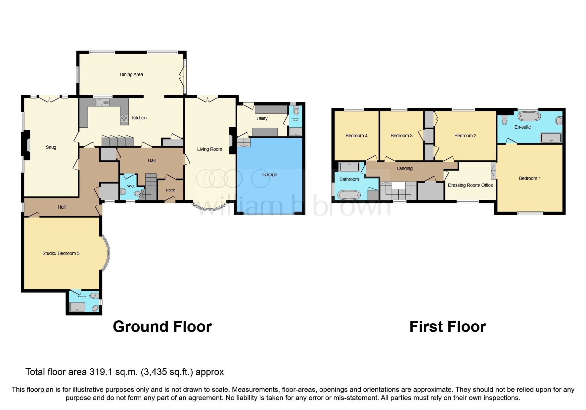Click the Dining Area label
pos(131,75)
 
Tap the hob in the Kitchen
pos(124,118)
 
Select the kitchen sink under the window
pos(102,103)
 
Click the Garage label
pos(269,175)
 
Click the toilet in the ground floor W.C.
pos(123,191)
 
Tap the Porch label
pos(170,190)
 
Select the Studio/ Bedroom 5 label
pos(61,254)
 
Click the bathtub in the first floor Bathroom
pos(348,194)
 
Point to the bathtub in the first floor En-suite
pos(529,116)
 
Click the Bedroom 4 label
pos(356,136)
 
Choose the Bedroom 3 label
pos(401,136)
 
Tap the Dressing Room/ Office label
pos(470,185)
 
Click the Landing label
pos(404,169)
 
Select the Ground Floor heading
pos(162,327)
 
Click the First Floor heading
pos(447,327)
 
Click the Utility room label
pos(262,118)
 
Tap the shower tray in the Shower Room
pos(295,132)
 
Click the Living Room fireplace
pos(232,141)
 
